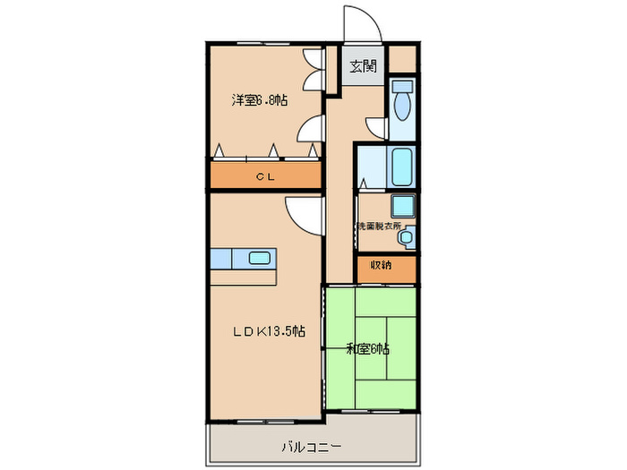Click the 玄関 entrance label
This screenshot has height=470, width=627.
(363, 65)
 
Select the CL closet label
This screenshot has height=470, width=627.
(265, 176)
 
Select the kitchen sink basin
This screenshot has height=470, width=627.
(260, 259)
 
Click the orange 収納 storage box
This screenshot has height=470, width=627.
(387, 267)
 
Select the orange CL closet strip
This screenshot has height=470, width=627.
(266, 176)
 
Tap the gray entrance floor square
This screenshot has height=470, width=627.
(363, 67)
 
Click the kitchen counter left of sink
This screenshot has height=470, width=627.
(221, 259)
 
